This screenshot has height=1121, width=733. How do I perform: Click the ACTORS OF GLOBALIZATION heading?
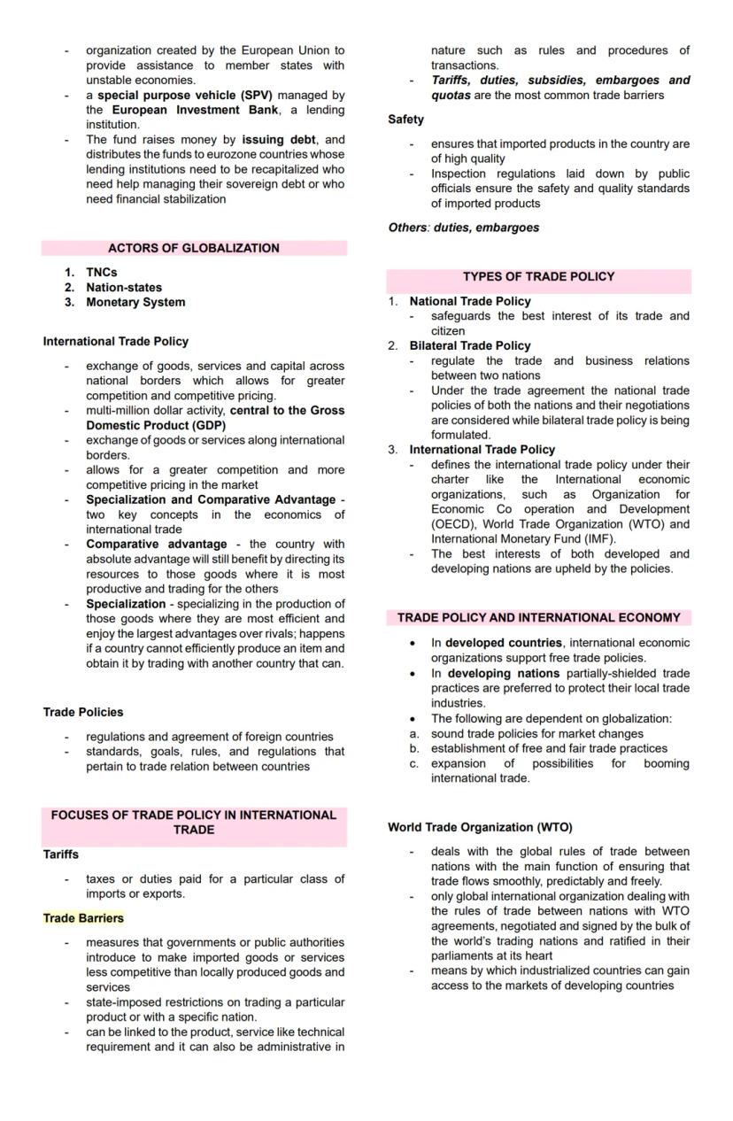pos(193,248)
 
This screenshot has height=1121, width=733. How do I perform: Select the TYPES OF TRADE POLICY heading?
pos(537,276)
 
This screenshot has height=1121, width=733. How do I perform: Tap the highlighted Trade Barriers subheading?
pos(83,918)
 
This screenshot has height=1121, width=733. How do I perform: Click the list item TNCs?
pos(101,272)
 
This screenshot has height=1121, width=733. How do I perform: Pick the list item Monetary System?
pos(135,302)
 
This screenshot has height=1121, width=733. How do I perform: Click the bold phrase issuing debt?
pos(279,139)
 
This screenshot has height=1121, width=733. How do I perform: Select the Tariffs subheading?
pos(60,854)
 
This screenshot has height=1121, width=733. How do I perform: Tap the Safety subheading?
pos(405,119)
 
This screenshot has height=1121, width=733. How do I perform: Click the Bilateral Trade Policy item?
pos(469,345)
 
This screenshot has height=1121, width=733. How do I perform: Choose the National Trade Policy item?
pos(469,301)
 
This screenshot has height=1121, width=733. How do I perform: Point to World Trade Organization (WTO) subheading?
pos(480,827)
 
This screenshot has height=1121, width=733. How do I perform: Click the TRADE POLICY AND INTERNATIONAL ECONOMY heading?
pos(538,617)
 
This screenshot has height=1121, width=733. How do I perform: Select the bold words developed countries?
pos(503,643)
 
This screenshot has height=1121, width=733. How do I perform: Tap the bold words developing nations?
pos(503,673)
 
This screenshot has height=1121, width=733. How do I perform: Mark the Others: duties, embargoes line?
pos(463,228)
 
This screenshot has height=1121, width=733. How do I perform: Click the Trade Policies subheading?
pos(82,712)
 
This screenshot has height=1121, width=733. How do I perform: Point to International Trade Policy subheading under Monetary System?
pos(115,341)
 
